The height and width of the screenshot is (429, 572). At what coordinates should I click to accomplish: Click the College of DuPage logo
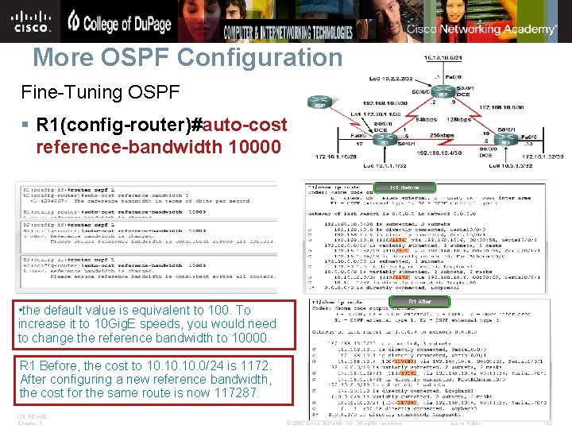click(x=119, y=21)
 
